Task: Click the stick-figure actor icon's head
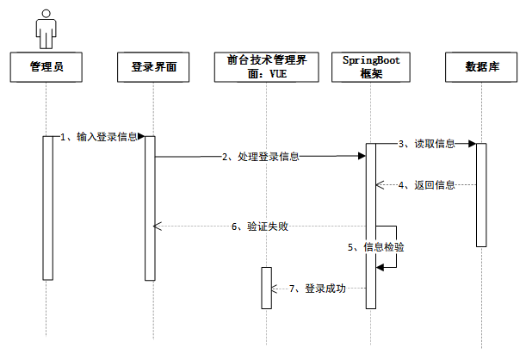pos(46,14)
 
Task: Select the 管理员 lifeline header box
pos(46,67)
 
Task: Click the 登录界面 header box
pos(153,67)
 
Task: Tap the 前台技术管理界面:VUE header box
pos(267,67)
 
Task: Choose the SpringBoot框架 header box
pos(371,67)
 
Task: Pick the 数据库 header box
pos(481,67)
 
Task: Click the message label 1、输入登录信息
pos(99,137)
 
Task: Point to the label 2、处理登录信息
pos(261,157)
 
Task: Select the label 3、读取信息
pos(427,144)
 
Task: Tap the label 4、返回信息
pos(427,185)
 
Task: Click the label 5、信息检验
pos(375,247)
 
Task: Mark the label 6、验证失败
pos(260,227)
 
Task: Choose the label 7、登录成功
pos(318,289)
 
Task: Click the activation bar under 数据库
pos(481,195)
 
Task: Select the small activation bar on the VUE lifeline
pos(267,288)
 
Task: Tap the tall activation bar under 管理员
pos(48,208)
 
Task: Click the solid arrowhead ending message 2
pos(362,156)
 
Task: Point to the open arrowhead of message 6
pos(158,227)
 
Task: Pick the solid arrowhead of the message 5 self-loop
pos(380,267)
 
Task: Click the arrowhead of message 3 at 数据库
pos(473,144)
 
